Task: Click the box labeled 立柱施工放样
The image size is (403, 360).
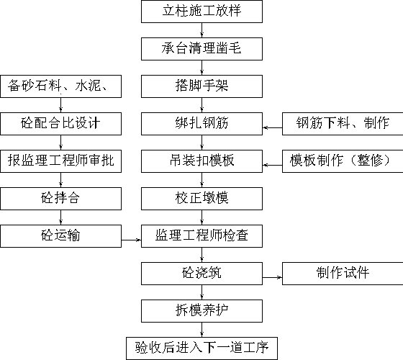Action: [x=201, y=12]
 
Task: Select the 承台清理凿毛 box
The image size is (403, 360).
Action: [x=201, y=49]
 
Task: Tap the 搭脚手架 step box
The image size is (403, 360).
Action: [x=201, y=86]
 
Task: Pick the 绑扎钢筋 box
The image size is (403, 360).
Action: [x=201, y=124]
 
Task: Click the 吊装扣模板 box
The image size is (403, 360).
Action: [x=201, y=161]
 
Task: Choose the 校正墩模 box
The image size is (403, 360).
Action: [x=201, y=199]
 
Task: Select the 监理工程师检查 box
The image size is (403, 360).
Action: [x=201, y=236]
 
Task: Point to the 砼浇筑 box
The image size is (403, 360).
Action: [x=201, y=274]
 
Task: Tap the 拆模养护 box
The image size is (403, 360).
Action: [x=201, y=311]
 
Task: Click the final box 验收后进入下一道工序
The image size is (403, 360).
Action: [x=201, y=348]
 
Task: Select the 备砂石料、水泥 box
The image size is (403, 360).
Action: [x=60, y=86]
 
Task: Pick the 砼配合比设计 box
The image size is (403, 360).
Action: [x=60, y=124]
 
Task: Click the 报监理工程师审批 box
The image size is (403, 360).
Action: [x=60, y=161]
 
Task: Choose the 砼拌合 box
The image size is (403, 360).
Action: [x=60, y=199]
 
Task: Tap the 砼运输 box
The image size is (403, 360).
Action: [x=60, y=236]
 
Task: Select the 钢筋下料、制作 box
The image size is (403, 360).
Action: [x=343, y=124]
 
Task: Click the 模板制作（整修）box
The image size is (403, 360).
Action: [x=343, y=161]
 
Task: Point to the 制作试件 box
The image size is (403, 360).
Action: [x=343, y=274]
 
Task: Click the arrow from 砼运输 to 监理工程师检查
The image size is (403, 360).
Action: [x=131, y=240]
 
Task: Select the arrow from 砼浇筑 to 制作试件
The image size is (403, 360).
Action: [x=272, y=277]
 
